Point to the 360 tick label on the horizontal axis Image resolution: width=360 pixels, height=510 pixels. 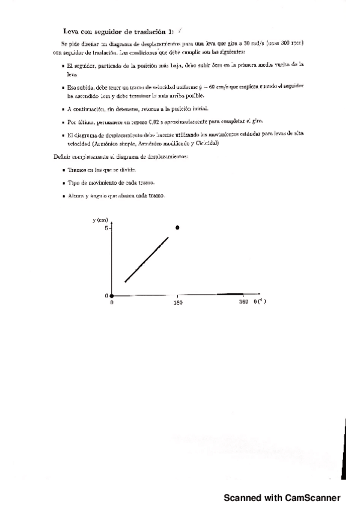(243, 302)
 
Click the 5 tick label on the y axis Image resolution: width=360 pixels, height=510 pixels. (106, 229)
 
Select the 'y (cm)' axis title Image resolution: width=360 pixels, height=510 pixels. (100, 220)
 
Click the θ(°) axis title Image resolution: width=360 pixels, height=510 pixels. (260, 302)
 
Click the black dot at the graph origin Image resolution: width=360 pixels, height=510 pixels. (112, 295)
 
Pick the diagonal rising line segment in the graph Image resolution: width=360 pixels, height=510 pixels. (147, 259)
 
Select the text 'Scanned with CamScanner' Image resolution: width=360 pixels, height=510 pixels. (282, 498)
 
